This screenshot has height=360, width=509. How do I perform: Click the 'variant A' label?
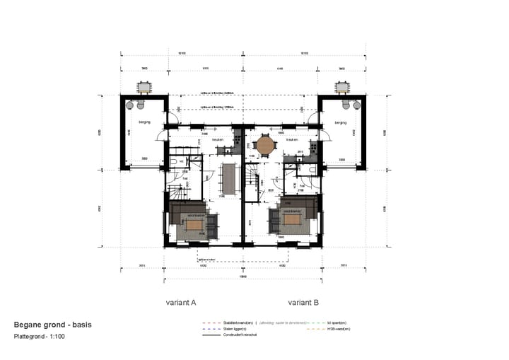click(x=180, y=302)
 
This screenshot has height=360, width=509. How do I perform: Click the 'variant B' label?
click(x=304, y=302)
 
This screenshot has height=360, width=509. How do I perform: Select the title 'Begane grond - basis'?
click(x=52, y=325)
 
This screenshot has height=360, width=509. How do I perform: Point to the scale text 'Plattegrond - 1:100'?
click(x=40, y=336)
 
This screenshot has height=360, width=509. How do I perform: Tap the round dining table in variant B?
click(x=266, y=146)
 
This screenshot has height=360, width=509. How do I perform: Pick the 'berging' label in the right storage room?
click(x=341, y=122)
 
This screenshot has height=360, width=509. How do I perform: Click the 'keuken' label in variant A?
click(x=218, y=139)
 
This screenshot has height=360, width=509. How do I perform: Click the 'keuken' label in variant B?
click(x=291, y=139)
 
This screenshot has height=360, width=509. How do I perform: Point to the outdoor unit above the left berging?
click(x=144, y=87)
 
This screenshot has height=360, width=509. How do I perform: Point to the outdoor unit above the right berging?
click(x=342, y=87)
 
